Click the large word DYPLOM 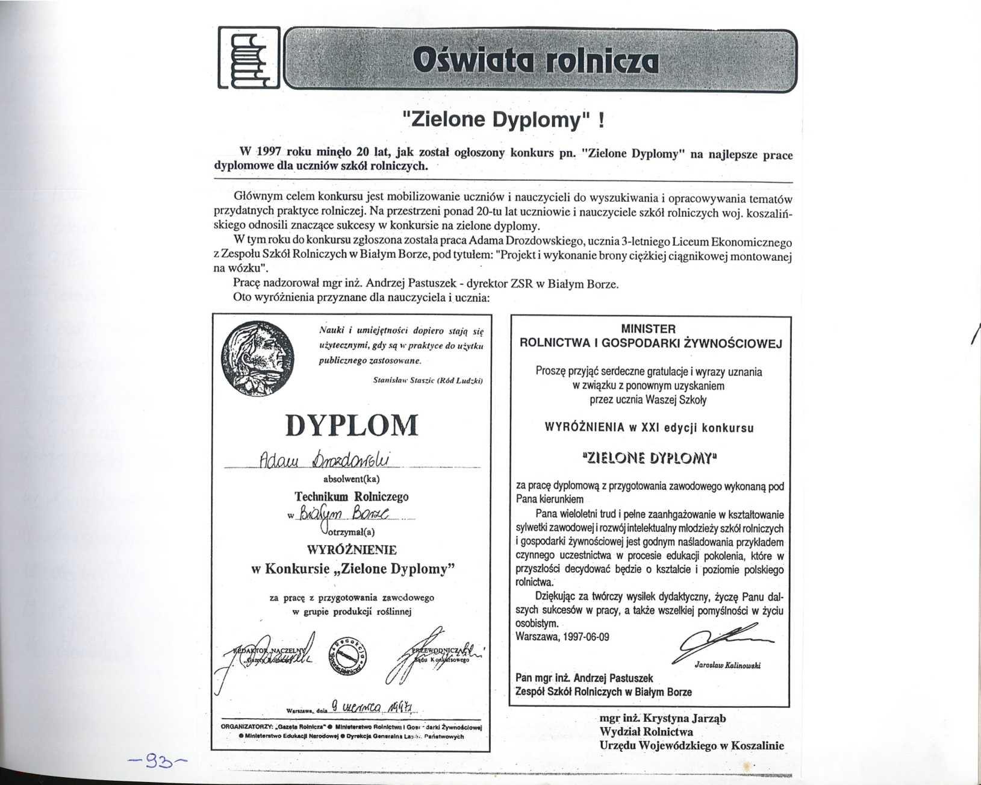[x=351, y=425]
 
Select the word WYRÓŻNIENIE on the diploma [x=352, y=549]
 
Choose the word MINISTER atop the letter [x=648, y=329]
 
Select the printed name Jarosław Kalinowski [x=727, y=666]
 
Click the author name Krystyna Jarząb [x=685, y=718]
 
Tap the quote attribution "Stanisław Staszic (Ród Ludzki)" [x=428, y=381]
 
